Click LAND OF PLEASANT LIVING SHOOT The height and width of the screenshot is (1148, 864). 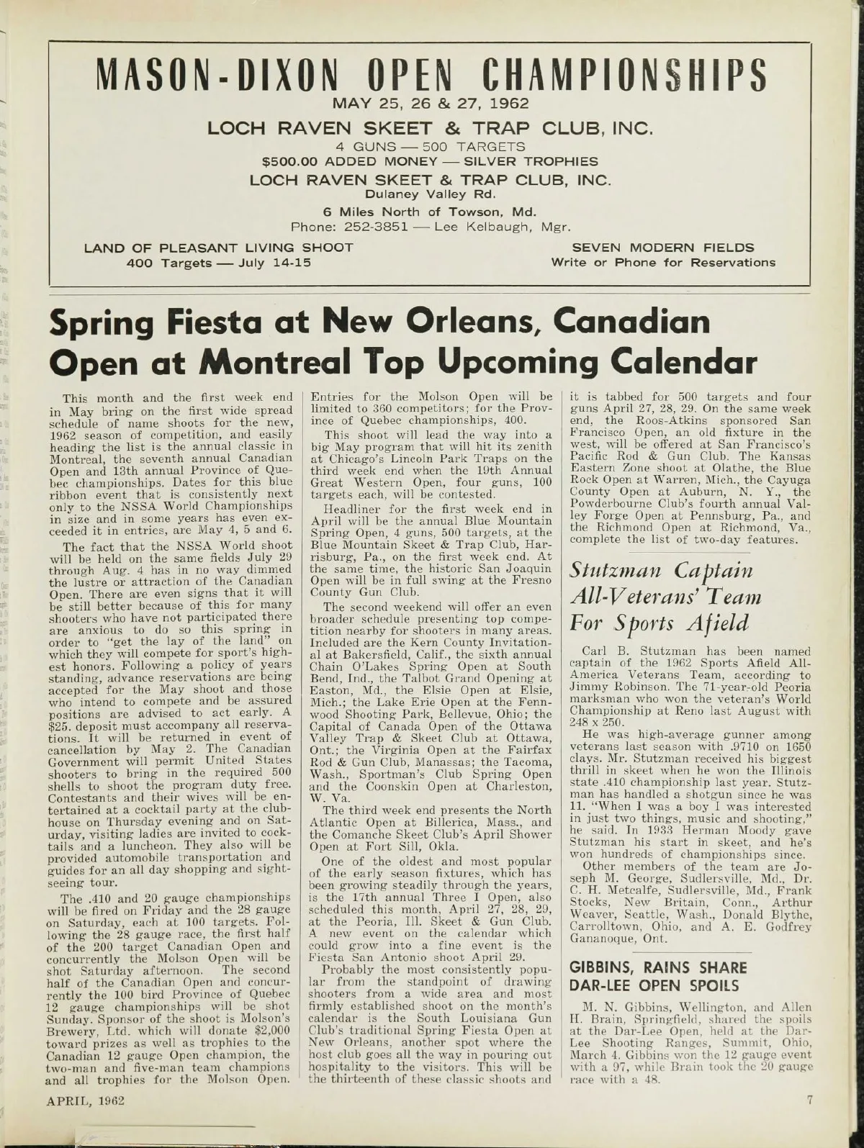tap(219, 248)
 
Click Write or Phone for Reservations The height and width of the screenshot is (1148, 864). tap(663, 262)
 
